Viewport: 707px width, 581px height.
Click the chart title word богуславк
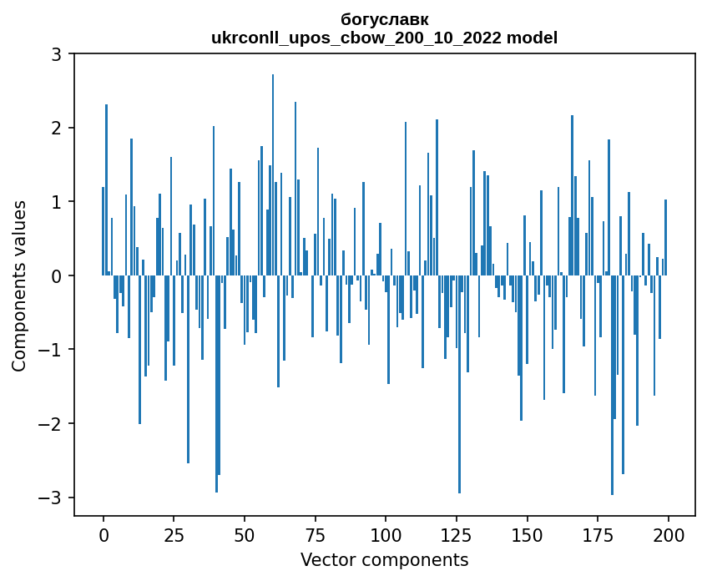[385, 19]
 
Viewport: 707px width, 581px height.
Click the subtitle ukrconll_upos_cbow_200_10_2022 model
[385, 38]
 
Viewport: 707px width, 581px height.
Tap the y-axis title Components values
[18, 285]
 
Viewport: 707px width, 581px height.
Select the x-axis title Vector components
[385, 559]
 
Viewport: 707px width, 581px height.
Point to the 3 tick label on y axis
[56, 54]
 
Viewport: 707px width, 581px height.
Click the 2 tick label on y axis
[56, 128]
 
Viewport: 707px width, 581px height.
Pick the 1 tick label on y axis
[56, 202]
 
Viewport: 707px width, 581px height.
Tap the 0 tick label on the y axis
[56, 275]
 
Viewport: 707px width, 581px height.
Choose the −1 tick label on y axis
[51, 350]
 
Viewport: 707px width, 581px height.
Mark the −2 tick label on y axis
[51, 423]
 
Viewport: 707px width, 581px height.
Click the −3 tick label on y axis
[51, 498]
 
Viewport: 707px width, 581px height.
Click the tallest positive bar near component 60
[273, 175]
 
